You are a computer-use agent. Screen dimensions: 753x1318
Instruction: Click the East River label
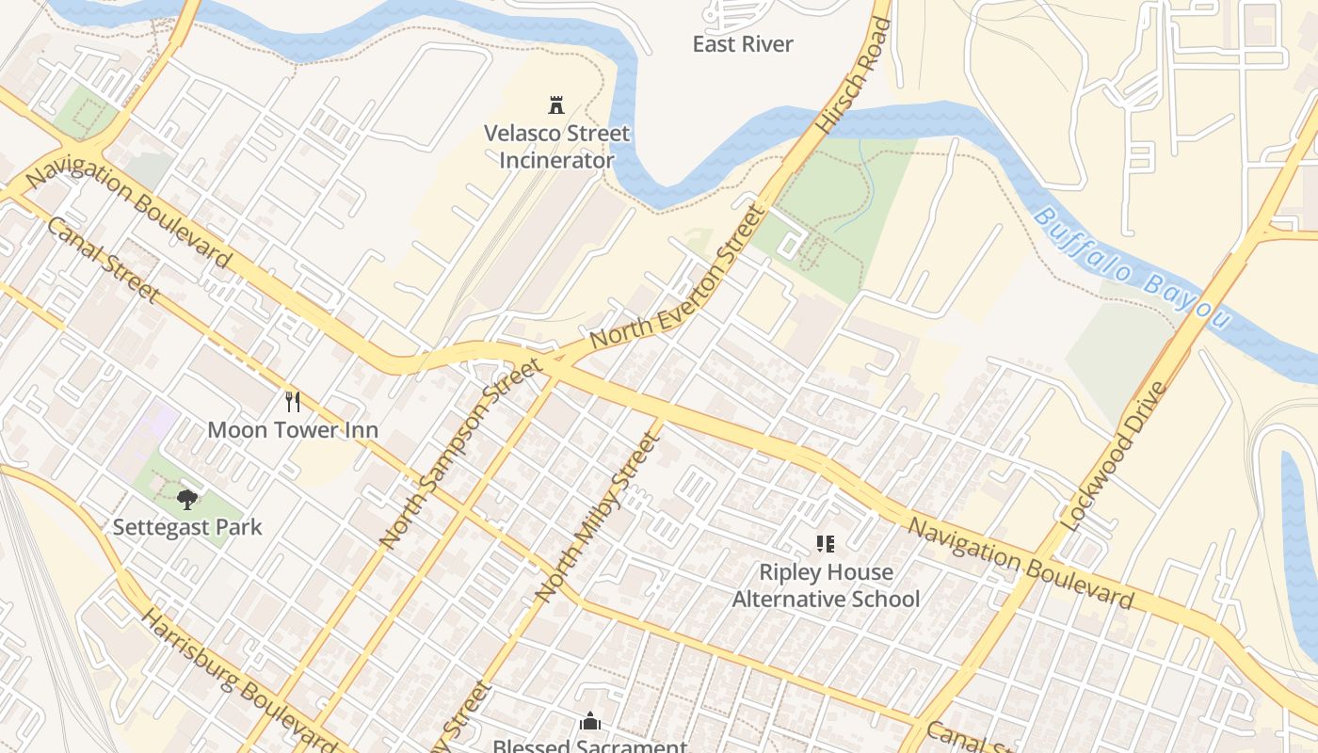pyautogui.click(x=743, y=44)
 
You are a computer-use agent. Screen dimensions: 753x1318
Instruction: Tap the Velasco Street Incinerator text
pyautogui.click(x=556, y=147)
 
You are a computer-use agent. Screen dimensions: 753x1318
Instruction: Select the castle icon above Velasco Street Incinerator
pyautogui.click(x=556, y=104)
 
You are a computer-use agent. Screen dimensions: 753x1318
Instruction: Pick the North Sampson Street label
pyautogui.click(x=460, y=453)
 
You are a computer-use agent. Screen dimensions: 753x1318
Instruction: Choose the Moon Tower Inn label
pyautogui.click(x=293, y=430)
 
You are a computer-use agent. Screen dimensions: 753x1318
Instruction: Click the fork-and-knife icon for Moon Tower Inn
pyautogui.click(x=293, y=402)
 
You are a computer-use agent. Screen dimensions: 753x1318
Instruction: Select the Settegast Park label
pyautogui.click(x=187, y=527)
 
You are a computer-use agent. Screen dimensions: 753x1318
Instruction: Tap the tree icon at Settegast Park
pyautogui.click(x=187, y=499)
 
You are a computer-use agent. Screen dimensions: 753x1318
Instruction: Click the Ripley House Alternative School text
pyautogui.click(x=826, y=585)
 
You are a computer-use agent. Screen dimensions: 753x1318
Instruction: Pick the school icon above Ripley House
pyautogui.click(x=826, y=543)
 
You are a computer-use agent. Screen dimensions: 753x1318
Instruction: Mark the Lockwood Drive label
pyautogui.click(x=1113, y=456)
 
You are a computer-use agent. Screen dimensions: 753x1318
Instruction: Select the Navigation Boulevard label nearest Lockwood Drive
pyautogui.click(x=1021, y=562)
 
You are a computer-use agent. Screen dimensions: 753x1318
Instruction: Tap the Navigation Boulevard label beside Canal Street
pyautogui.click(x=128, y=216)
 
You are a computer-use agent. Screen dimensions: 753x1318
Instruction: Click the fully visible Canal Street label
pyautogui.click(x=102, y=260)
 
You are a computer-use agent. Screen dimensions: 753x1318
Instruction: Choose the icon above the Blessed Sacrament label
pyautogui.click(x=590, y=722)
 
